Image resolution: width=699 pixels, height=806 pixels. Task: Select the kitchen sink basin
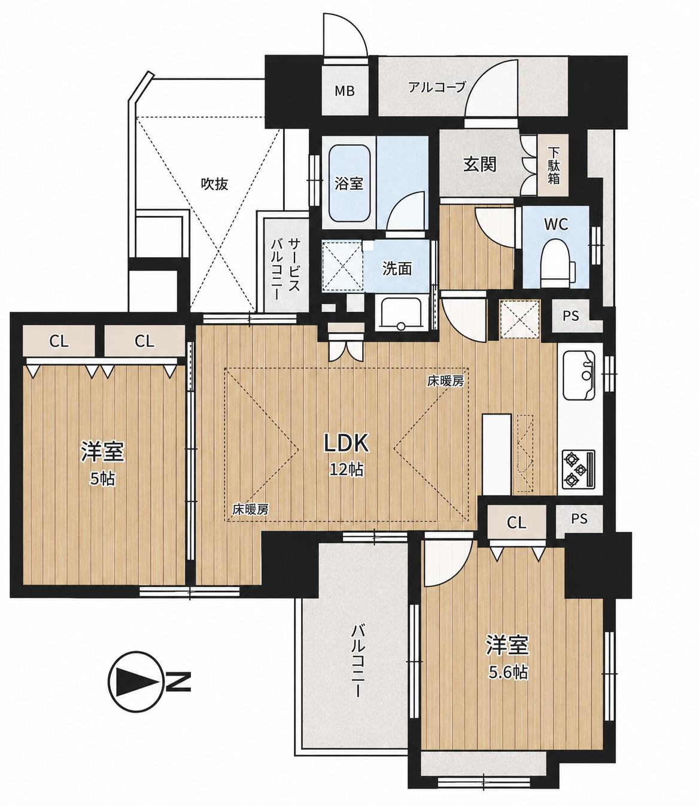point(579,375)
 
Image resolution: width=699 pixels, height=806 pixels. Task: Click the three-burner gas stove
point(578,469)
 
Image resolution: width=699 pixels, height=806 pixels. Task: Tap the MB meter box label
point(345,91)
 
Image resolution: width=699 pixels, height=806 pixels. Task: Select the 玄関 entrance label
point(480,164)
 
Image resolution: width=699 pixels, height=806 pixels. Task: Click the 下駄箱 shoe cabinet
point(554,166)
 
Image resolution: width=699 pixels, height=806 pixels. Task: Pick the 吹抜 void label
point(214,184)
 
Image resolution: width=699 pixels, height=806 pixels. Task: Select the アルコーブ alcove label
point(437,87)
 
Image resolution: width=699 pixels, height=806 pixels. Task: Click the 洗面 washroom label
point(397,269)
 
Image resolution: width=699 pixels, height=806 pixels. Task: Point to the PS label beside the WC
point(571,316)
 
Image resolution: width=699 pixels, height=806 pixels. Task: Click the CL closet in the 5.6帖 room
point(516,522)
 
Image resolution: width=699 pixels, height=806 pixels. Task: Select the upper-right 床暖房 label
point(445,382)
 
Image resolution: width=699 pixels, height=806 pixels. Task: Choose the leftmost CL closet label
point(59,342)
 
